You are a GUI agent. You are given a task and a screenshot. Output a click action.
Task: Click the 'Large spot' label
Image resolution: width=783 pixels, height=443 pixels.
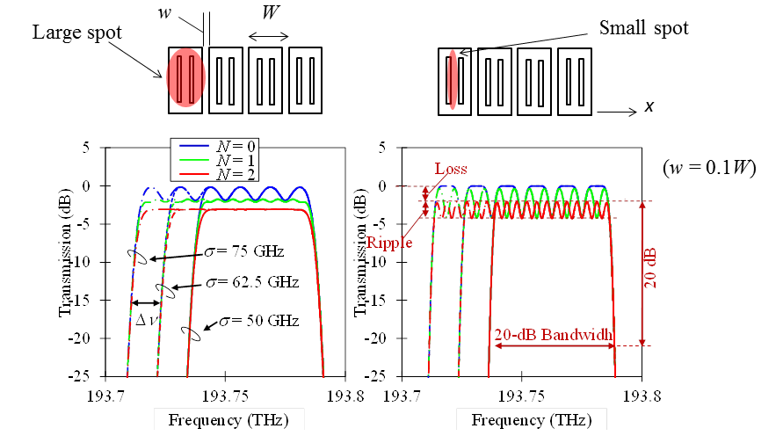(x=77, y=33)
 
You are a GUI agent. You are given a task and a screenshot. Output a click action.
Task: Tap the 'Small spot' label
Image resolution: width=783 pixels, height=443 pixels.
(x=643, y=27)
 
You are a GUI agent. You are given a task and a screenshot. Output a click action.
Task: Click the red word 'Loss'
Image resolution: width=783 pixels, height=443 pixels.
(x=450, y=169)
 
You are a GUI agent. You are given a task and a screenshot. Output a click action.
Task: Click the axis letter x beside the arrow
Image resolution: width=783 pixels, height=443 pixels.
(x=649, y=106)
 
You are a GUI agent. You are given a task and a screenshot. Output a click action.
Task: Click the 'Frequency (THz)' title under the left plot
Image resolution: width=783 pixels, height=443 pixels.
(x=228, y=418)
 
